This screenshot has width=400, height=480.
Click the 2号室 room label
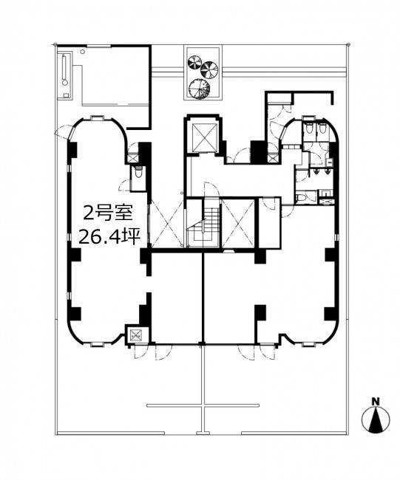pyautogui.click(x=108, y=213)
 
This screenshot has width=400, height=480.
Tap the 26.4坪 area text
pyautogui.click(x=109, y=236)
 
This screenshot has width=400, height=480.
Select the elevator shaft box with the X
pyautogui.click(x=203, y=138)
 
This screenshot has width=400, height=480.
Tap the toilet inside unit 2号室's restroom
pyautogui.click(x=138, y=172)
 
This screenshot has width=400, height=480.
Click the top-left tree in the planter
pyautogui.click(x=194, y=62)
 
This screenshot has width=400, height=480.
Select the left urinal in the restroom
pyautogui.click(x=317, y=172)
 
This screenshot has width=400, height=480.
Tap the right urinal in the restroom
pyautogui.click(x=327, y=172)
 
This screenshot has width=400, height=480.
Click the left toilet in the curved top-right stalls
pyautogui.click(x=308, y=128)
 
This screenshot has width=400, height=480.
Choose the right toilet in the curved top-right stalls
pyautogui.click(x=322, y=128)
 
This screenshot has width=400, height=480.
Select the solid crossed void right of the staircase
pyautogui.click(x=238, y=223)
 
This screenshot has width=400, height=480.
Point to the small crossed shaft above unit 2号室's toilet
pyautogui.click(x=133, y=159)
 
